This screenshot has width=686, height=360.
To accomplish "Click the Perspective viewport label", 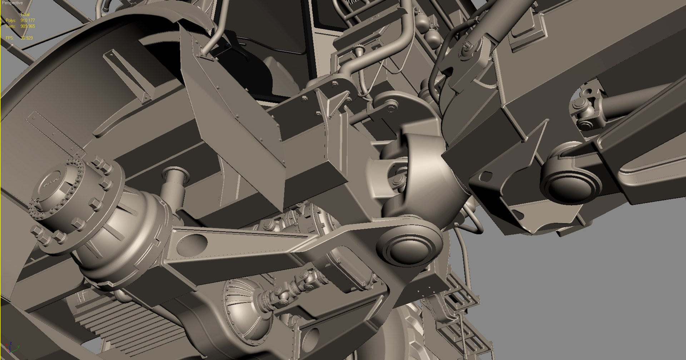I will (13, 3).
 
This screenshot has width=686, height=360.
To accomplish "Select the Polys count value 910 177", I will (28, 20).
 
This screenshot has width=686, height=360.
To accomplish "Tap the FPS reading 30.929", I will (27, 38).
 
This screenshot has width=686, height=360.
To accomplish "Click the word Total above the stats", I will (25, 15).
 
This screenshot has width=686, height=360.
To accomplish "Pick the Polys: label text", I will (11, 20).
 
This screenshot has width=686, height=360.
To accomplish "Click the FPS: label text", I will (10, 38).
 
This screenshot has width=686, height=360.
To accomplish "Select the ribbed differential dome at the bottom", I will (247, 311).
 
